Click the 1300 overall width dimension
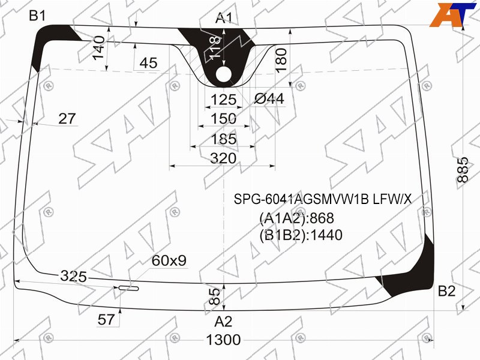point(223,340)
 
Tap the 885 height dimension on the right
point(463,170)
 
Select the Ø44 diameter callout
point(269,99)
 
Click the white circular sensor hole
point(224,74)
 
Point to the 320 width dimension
point(223,158)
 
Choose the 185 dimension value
point(224,139)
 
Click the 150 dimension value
point(224,118)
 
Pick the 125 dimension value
point(224,100)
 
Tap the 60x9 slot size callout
point(169,260)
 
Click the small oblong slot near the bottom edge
point(128,288)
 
